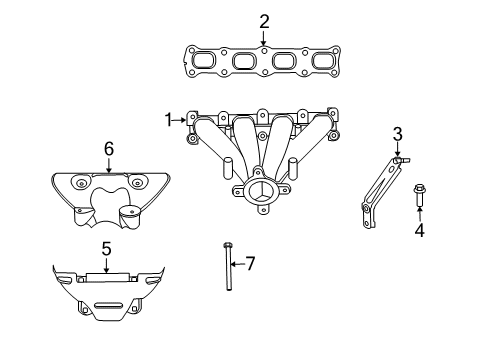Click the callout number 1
point(169,120)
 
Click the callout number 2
point(264,21)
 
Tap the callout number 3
point(397,133)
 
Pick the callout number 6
point(108,148)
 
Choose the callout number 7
point(250,264)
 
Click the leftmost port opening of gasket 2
point(206,62)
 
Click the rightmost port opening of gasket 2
point(322,63)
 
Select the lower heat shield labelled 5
point(105,292)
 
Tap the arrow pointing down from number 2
point(264,39)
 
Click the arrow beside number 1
point(182,120)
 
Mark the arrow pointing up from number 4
point(420,214)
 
